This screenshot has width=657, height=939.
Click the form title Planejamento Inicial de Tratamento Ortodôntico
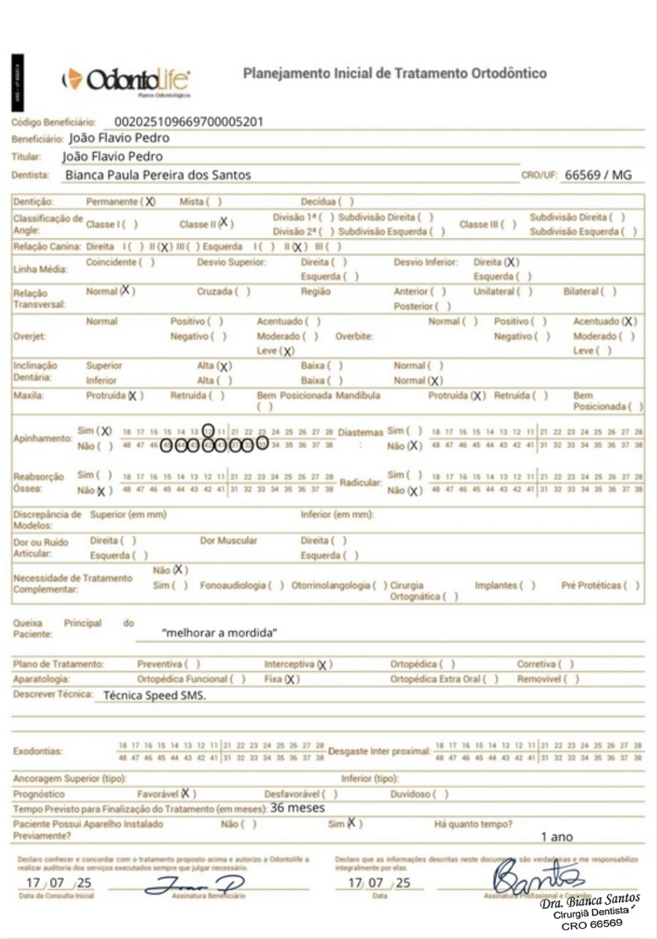[395, 73]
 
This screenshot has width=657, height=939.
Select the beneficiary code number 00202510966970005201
[188, 122]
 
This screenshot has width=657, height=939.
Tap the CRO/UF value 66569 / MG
[598, 175]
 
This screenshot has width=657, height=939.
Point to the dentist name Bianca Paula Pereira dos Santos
[158, 175]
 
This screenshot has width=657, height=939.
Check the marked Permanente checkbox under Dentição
[149, 201]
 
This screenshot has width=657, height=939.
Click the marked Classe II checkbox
[224, 223]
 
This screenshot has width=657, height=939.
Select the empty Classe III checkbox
[509, 224]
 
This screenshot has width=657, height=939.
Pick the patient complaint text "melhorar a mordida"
[219, 632]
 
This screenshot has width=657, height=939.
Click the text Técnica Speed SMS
[155, 695]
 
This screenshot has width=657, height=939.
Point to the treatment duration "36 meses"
[297, 808]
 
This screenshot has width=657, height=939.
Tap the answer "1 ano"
[557, 837]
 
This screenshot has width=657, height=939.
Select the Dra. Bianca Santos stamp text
[590, 902]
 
